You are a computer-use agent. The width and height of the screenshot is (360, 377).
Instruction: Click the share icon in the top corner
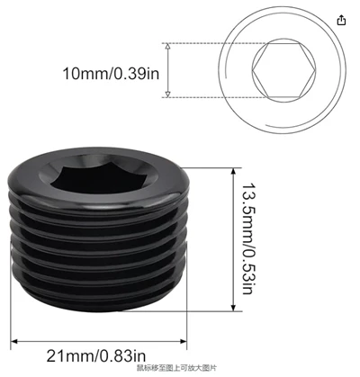(341, 21)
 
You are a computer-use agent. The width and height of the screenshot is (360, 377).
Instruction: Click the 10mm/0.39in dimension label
(111, 74)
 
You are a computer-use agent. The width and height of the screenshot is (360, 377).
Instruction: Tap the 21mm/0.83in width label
(96, 356)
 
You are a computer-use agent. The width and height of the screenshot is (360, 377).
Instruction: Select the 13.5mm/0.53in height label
(248, 238)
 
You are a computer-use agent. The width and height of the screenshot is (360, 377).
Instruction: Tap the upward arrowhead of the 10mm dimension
(168, 46)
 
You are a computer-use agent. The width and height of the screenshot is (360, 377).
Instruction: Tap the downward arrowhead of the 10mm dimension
(168, 94)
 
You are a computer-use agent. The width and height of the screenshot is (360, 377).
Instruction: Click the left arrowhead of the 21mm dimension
(14, 341)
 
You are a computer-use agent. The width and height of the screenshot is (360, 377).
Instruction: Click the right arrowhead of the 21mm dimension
(183, 341)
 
